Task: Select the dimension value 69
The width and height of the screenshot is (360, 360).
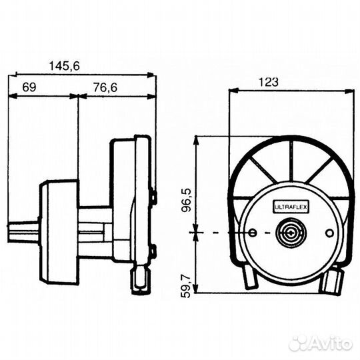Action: click(x=29, y=87)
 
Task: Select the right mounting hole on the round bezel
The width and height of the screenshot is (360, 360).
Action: click(x=329, y=233)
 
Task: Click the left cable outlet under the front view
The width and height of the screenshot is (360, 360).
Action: click(x=249, y=278)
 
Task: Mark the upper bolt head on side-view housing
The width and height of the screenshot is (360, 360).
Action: click(x=153, y=196)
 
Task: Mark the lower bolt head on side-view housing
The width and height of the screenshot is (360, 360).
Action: click(x=153, y=251)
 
